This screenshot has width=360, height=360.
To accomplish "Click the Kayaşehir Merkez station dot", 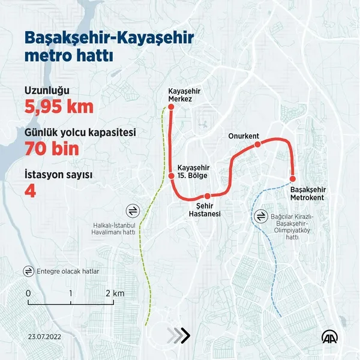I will coord(170,107).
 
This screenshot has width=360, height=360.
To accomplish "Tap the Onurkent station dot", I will coord(257,145).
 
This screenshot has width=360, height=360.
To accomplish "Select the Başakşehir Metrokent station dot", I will coord(293,178).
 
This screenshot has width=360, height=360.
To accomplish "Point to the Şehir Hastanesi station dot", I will coord(207,196).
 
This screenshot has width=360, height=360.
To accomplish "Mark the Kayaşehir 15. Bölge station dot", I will coord(170,176).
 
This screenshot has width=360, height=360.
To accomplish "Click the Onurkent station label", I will coord(244,136).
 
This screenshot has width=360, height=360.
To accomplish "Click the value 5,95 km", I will coord(59,107).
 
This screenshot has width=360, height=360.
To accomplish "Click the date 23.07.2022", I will coord(44,337).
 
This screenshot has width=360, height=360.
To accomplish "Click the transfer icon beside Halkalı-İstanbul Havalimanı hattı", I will coord(133,211).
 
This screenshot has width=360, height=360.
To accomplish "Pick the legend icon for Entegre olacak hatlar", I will coord(28,271).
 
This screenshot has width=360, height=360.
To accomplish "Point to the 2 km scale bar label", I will coord(114,293).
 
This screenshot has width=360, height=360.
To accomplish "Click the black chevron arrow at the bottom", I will coord(183,335).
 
